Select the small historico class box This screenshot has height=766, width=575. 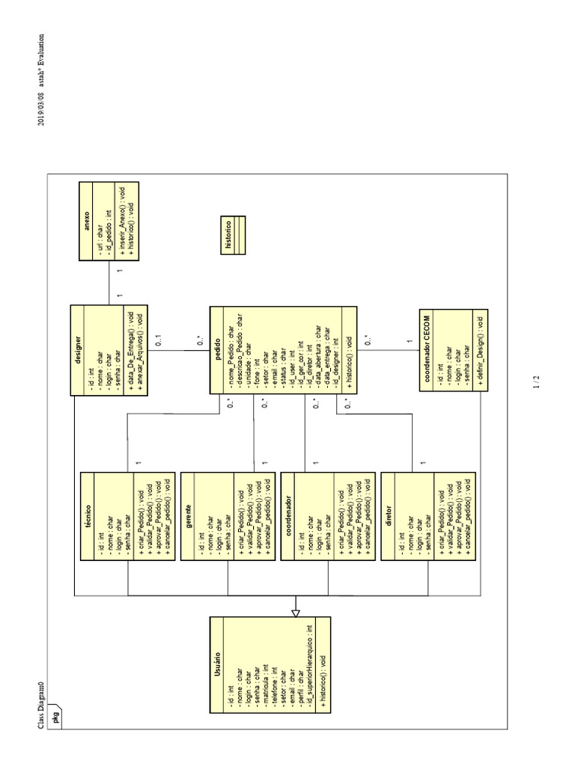tap(228, 233)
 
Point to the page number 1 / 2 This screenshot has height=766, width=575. tap(536, 382)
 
